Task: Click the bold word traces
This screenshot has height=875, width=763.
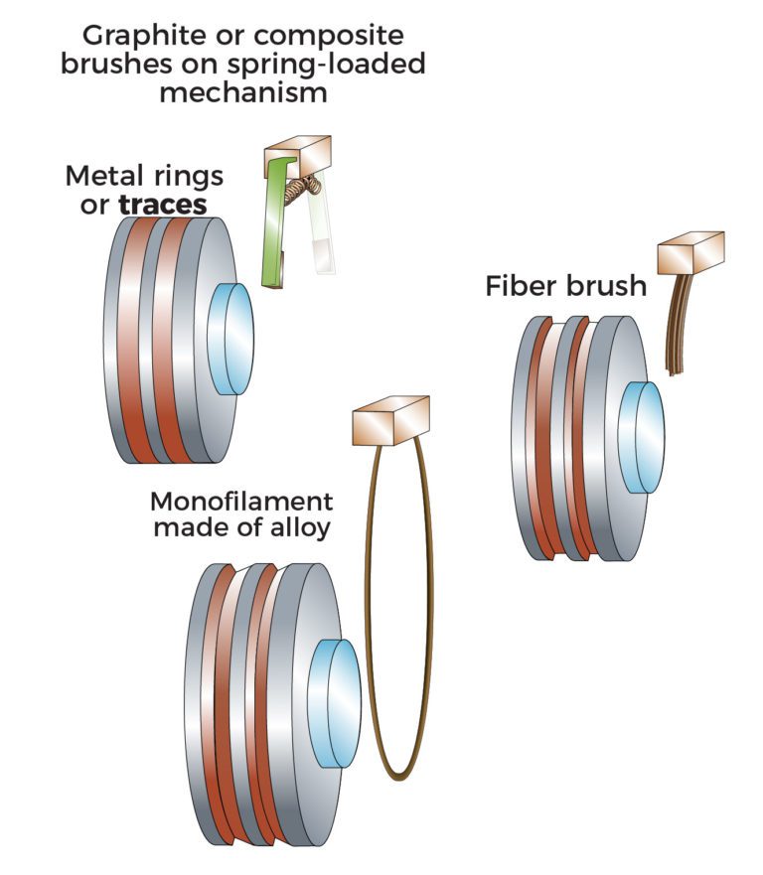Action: (163, 205)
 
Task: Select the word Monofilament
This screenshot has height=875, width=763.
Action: (241, 500)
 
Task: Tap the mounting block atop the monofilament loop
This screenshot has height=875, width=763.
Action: (389, 420)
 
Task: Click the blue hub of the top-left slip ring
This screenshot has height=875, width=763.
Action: (232, 324)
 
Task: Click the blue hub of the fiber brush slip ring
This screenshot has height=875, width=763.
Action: (641, 436)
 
